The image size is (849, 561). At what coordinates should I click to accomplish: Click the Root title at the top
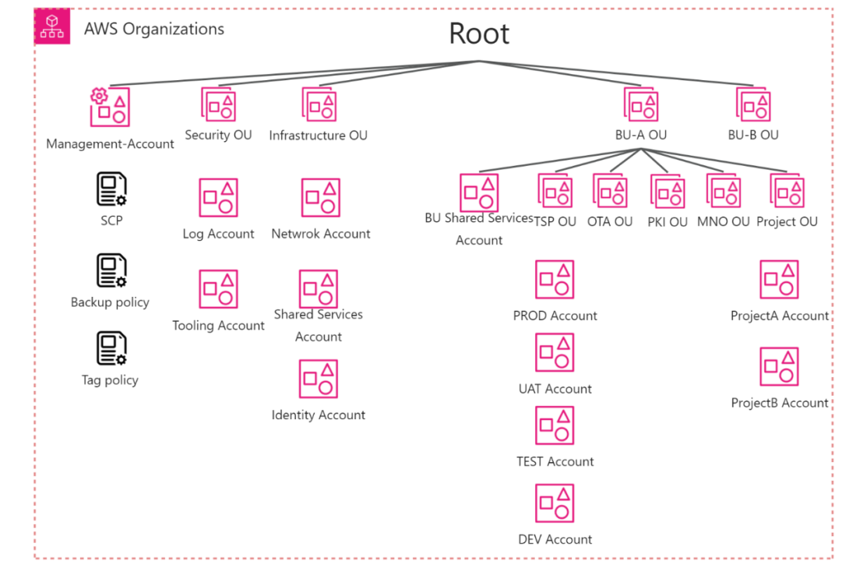pyautogui.click(x=479, y=34)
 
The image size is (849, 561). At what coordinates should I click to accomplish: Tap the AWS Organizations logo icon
pyautogui.click(x=52, y=26)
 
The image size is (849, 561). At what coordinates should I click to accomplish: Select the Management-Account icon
pyautogui.click(x=109, y=107)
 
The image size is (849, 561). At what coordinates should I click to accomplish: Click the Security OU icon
pyautogui.click(x=218, y=104)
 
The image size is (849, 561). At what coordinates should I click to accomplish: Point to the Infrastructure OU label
pyautogui.click(x=318, y=136)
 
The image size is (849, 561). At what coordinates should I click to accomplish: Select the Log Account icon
pyautogui.click(x=218, y=198)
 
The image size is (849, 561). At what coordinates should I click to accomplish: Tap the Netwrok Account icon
pyautogui.click(x=320, y=198)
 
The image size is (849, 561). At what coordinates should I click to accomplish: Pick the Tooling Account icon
pyautogui.click(x=218, y=289)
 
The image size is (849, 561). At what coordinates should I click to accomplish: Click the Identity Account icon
pyautogui.click(x=318, y=379)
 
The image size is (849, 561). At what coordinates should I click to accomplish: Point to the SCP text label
pyautogui.click(x=111, y=221)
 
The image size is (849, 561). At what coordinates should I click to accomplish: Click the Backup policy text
pyautogui.click(x=110, y=302)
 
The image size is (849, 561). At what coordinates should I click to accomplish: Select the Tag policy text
pyautogui.click(x=110, y=380)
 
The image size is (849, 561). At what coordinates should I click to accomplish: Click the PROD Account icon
pyautogui.click(x=555, y=280)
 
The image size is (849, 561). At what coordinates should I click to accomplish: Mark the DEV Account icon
pyautogui.click(x=555, y=503)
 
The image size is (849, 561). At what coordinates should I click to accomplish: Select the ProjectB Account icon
pyautogui.click(x=779, y=367)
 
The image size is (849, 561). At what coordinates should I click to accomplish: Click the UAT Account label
pyautogui.click(x=555, y=389)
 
